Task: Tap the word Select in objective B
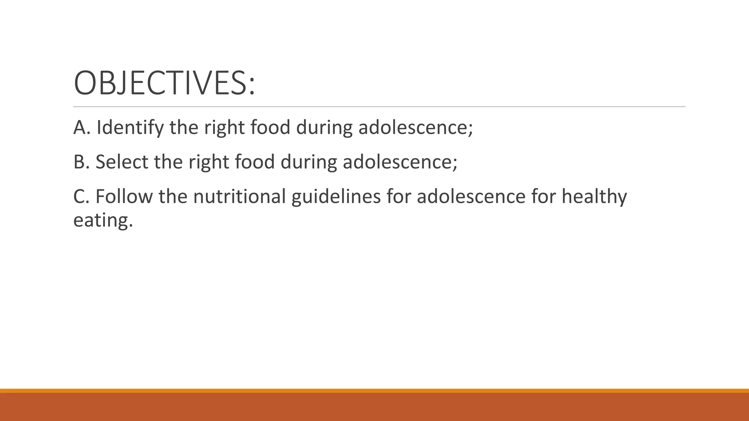[122, 162]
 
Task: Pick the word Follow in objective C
[124, 196]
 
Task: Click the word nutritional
[239, 196]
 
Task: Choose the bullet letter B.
[80, 162]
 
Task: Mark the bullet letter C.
[80, 196]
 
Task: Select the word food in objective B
[255, 162]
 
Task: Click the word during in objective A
[324, 128]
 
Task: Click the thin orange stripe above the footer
[374, 391]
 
